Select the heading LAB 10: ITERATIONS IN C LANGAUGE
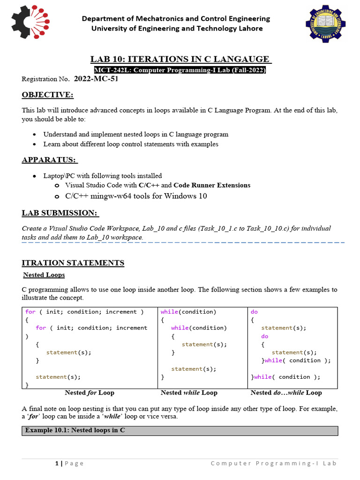pyautogui.click(x=180, y=59)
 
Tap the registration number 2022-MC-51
pyautogui.click(x=96, y=79)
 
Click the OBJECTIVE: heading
pyautogui.click(x=47, y=95)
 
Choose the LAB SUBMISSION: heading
pyautogui.click(x=60, y=213)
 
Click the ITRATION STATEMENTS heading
pyautogui.click(x=73, y=263)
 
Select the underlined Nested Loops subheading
pyautogui.click(x=44, y=275)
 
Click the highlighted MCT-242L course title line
pyautogui.click(x=180, y=70)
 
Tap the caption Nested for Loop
pyautogui.click(x=90, y=392)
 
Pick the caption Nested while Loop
pyautogui.click(x=189, y=392)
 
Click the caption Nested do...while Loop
pyautogui.click(x=286, y=392)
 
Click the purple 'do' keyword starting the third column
pyautogui.click(x=254, y=312)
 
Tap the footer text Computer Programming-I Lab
pyautogui.click(x=273, y=464)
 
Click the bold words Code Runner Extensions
pyautogui.click(x=212, y=185)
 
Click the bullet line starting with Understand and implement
pyautogui.click(x=136, y=134)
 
